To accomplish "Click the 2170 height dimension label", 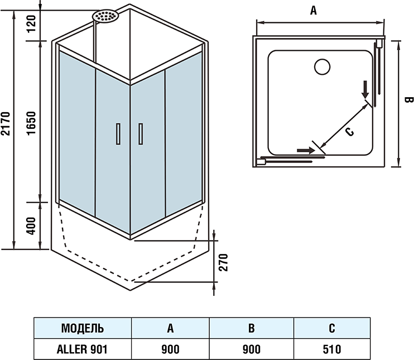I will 6,124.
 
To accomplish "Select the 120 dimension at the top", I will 32,22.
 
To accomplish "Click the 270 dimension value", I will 223,262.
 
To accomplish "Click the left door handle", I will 118,135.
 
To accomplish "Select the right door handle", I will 141,135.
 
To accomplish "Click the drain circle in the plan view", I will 323,67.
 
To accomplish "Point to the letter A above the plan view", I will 314,11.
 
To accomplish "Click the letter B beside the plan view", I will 407,100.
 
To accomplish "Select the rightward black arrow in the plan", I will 305,150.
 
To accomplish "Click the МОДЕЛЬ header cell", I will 82,328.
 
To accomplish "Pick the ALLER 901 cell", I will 82,349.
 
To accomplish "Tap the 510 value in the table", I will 332,349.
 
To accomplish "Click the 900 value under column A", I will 170,349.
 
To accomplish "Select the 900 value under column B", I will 252,349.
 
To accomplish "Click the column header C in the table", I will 332,328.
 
